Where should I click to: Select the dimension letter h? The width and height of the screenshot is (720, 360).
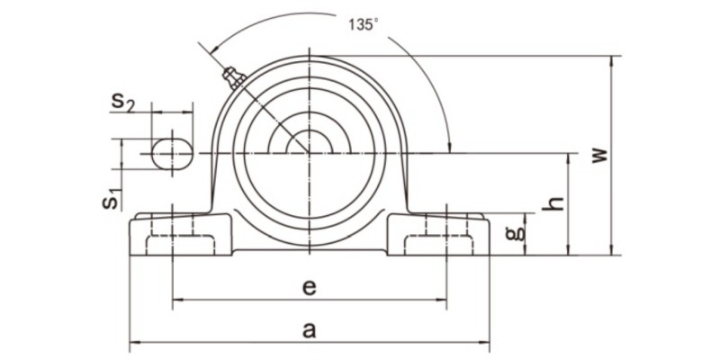557,203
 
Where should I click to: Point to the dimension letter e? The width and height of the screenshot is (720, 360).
309,287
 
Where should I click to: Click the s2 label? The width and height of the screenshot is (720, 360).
123,102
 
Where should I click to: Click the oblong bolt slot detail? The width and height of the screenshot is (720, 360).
171,153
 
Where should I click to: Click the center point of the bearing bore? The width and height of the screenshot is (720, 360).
309,153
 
